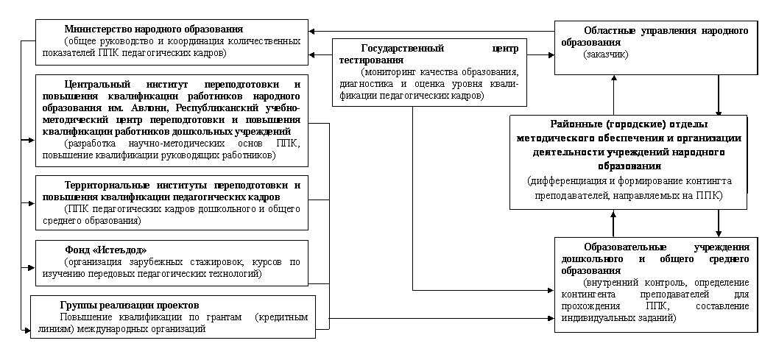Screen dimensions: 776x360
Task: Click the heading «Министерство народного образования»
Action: [x=154, y=29]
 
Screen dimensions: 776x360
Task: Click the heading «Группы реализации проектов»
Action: [x=130, y=305]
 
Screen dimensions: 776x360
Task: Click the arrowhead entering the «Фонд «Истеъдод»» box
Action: [x=31, y=268]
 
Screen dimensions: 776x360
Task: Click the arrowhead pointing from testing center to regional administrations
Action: [x=550, y=55]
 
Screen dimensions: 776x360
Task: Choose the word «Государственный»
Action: [x=402, y=49]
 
